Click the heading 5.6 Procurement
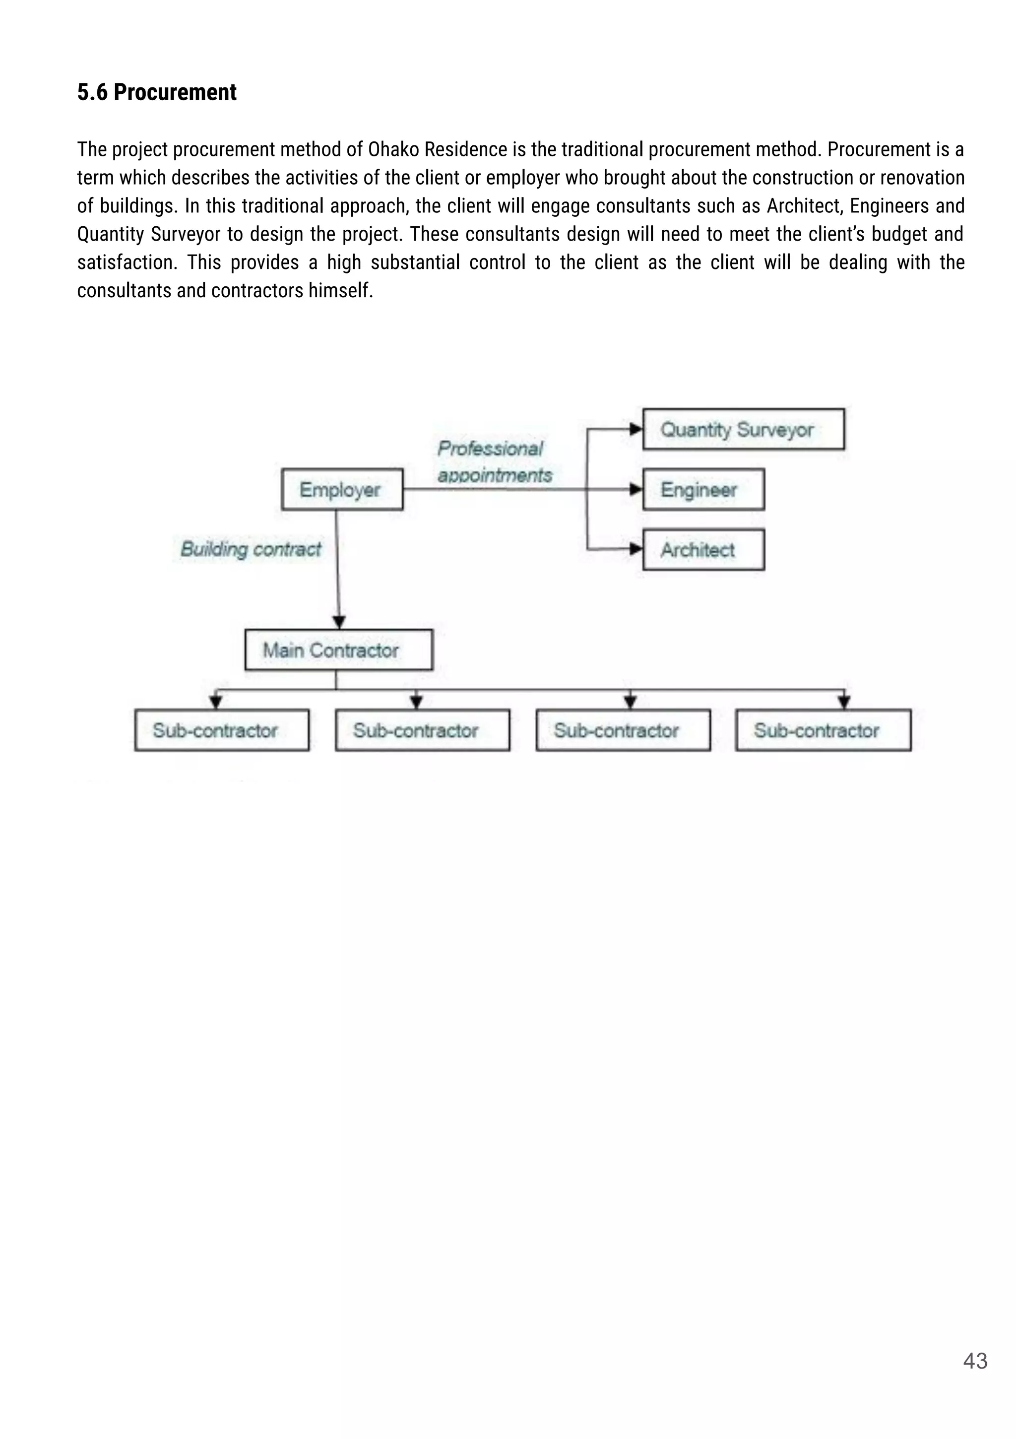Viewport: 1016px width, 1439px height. click(x=157, y=92)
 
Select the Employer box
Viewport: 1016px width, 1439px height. click(x=342, y=489)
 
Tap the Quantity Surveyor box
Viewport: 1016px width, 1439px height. click(x=743, y=429)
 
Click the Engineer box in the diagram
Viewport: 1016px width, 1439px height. click(x=703, y=489)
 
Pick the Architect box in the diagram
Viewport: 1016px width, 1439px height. click(x=703, y=550)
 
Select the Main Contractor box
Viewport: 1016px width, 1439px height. click(x=338, y=650)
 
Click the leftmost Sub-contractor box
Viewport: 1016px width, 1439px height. click(x=222, y=730)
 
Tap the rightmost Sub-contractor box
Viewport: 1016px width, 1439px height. click(x=823, y=730)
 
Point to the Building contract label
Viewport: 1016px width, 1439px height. click(x=251, y=549)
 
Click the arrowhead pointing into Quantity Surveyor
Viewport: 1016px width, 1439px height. click(x=636, y=429)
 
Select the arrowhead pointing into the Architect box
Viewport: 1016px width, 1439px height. click(x=636, y=550)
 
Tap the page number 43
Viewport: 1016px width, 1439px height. click(x=975, y=1361)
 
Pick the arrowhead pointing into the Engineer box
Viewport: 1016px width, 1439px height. click(x=636, y=489)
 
